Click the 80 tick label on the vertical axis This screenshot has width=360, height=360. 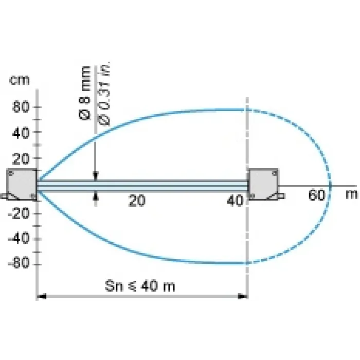pos(21,107)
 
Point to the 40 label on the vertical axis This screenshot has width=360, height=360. pos(21,133)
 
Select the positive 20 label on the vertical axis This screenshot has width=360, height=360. pos(21,159)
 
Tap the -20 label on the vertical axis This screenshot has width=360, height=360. pos(19,214)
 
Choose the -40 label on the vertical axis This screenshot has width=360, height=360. pos(19,238)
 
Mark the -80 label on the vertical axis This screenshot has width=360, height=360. pos(19,263)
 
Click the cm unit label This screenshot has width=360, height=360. pos(20,80)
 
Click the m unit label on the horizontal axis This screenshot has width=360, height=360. pos(351,194)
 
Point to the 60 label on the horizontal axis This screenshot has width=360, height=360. pos(317,195)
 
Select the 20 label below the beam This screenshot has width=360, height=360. pos(137,201)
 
